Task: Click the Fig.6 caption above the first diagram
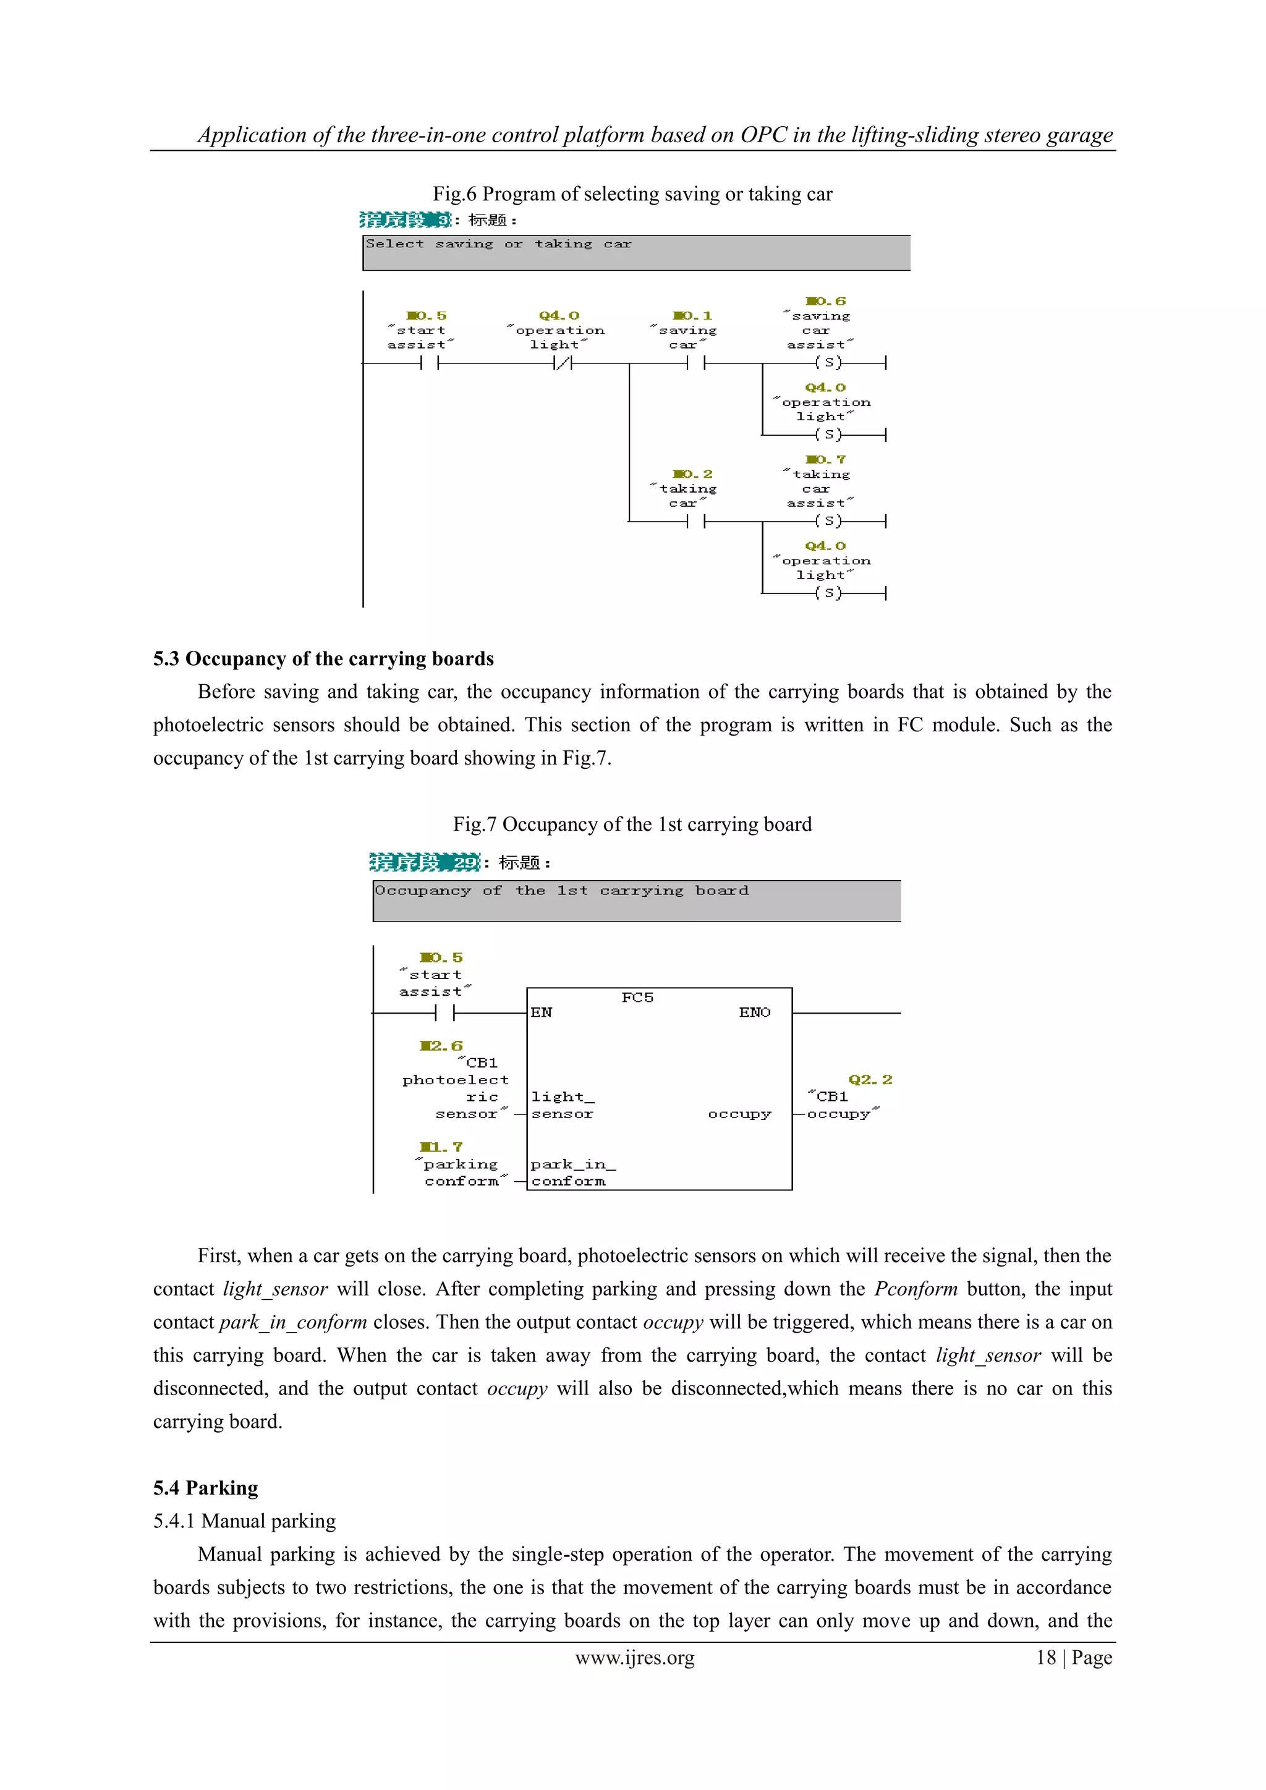[632, 194]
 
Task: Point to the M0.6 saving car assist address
[825, 301]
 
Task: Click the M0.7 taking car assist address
[825, 459]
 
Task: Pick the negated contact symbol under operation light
[562, 363]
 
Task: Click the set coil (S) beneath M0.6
[828, 363]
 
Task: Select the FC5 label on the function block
[637, 997]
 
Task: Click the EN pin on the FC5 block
[541, 1012]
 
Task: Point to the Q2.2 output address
[869, 1080]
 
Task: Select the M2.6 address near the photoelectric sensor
[441, 1045]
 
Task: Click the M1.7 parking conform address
[441, 1147]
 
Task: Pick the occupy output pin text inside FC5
[739, 1114]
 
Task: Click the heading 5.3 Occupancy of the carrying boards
[323, 659]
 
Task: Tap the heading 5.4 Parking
[205, 1488]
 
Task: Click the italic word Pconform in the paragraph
[916, 1289]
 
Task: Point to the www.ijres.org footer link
[635, 1658]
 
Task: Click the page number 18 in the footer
[1045, 1658]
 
